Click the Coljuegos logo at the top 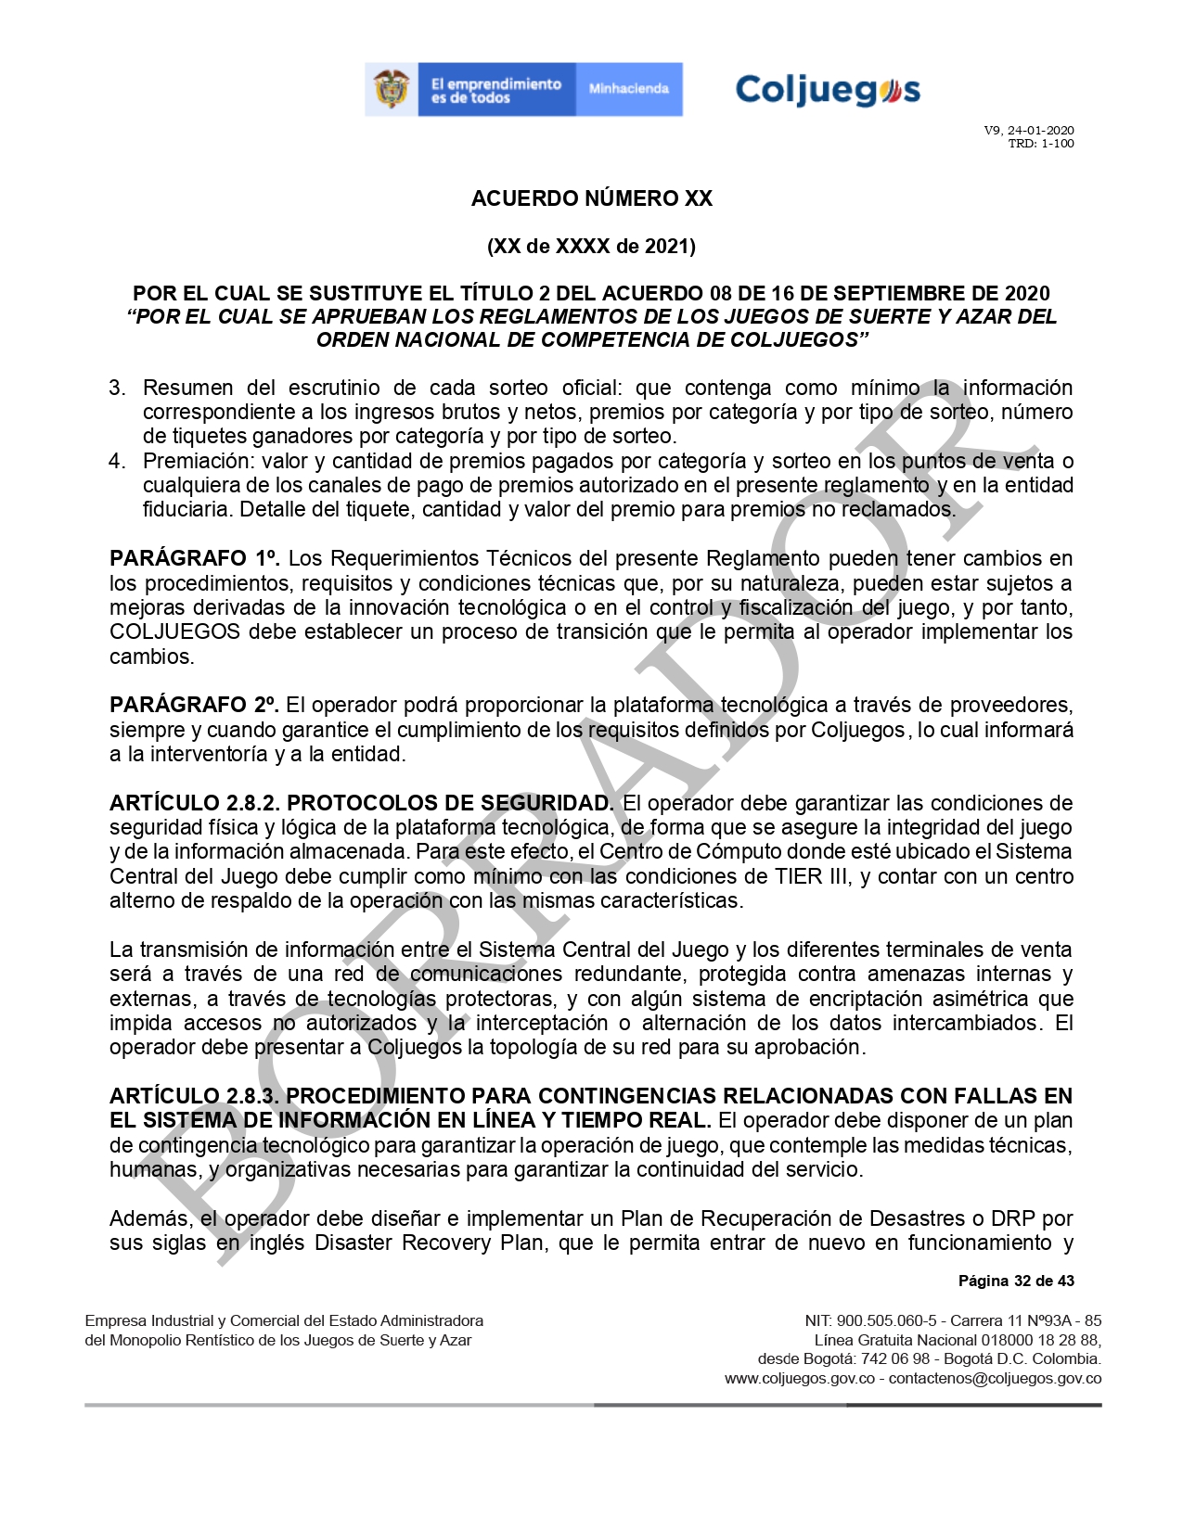point(827,90)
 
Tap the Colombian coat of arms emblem point(391,90)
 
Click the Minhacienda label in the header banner point(628,90)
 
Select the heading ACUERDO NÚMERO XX point(591,198)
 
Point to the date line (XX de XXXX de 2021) point(591,246)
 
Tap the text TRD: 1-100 point(1040,144)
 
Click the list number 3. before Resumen point(117,388)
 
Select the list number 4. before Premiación point(117,461)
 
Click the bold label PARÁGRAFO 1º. point(195,559)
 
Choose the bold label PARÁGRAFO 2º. point(195,706)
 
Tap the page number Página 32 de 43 point(1016,1281)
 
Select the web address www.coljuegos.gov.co point(799,1379)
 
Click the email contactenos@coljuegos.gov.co point(995,1379)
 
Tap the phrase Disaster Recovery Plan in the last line point(428,1243)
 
